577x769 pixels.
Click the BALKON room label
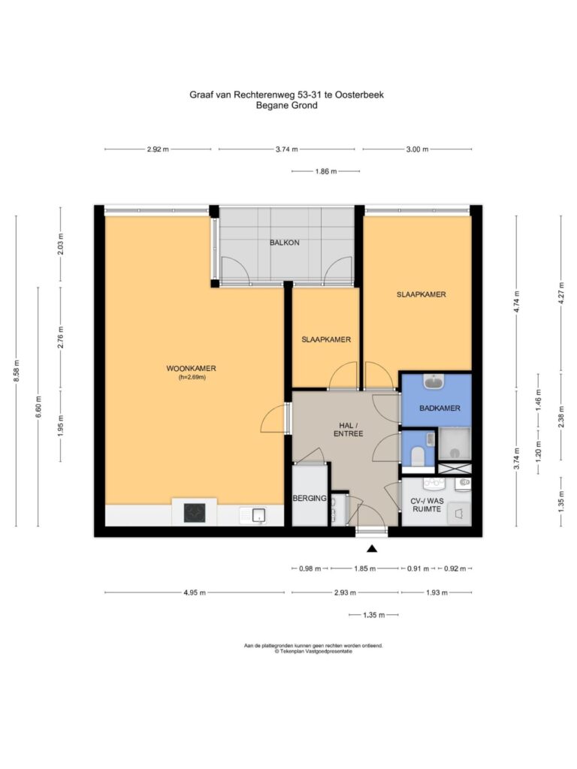284,243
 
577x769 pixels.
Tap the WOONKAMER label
191,368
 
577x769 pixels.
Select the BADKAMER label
440,408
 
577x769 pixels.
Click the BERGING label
310,499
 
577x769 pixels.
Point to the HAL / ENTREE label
349,430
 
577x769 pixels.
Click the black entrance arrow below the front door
372,549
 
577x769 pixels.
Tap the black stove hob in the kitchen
195,513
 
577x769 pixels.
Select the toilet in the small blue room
418,457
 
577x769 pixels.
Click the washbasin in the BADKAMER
434,381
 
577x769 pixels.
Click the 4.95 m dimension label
195,593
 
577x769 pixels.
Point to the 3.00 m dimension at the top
417,149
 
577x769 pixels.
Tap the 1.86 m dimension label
326,172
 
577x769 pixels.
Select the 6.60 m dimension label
39,406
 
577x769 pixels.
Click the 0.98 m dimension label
310,569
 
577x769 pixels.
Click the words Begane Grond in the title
286,105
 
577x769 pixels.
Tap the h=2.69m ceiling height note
192,377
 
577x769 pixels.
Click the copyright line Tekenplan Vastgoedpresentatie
313,651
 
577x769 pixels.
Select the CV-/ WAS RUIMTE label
427,505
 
